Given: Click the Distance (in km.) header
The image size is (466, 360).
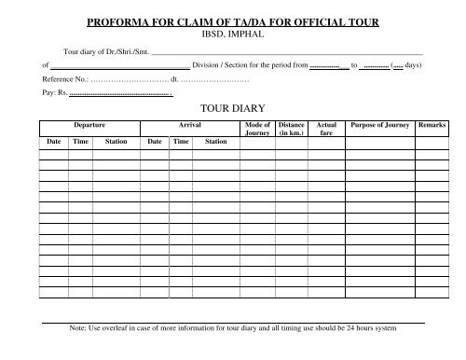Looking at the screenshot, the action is (x=291, y=129).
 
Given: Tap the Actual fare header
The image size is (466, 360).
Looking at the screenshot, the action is (x=326, y=129).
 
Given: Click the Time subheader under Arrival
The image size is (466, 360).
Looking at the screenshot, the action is (x=181, y=142).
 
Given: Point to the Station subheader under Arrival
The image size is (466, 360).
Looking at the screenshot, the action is (x=215, y=142).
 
